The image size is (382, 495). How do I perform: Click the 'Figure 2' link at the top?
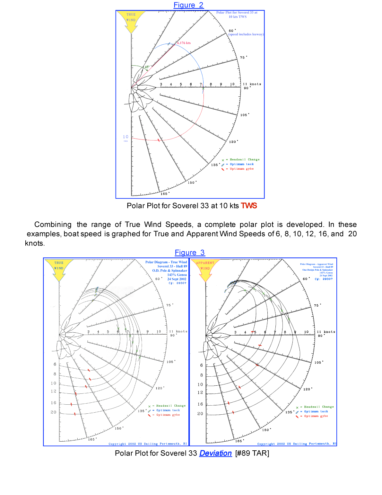(188, 5)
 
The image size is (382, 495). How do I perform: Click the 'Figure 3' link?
(189, 253)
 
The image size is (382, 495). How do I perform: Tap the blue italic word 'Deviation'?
(215, 453)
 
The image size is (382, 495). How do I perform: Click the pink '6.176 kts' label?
(184, 43)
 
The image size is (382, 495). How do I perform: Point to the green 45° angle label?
(147, 67)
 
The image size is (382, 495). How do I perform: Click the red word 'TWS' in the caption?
(249, 206)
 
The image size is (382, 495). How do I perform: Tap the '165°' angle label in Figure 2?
(164, 194)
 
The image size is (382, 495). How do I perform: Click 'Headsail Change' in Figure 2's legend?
(244, 159)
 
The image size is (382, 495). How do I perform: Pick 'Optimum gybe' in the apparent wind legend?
(316, 416)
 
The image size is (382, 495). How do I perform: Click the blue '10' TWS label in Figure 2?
(126, 137)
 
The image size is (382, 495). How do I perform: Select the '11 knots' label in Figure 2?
(252, 84)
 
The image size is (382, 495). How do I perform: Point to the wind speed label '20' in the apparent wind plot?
(200, 414)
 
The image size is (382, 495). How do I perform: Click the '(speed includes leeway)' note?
(246, 34)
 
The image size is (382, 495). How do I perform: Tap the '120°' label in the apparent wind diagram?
(307, 389)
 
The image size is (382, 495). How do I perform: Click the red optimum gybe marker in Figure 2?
(159, 140)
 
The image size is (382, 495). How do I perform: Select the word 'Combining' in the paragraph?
(53, 225)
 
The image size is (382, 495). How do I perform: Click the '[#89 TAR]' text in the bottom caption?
(252, 453)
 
